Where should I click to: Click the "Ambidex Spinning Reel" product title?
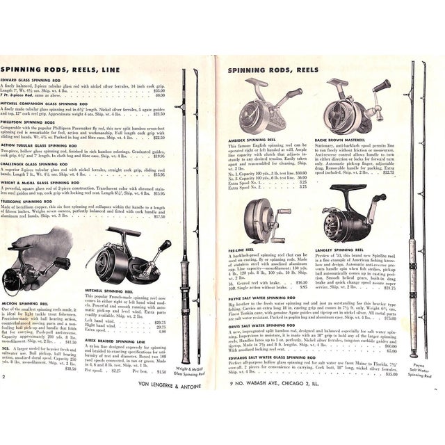pyautogui.click(x=258, y=138)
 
